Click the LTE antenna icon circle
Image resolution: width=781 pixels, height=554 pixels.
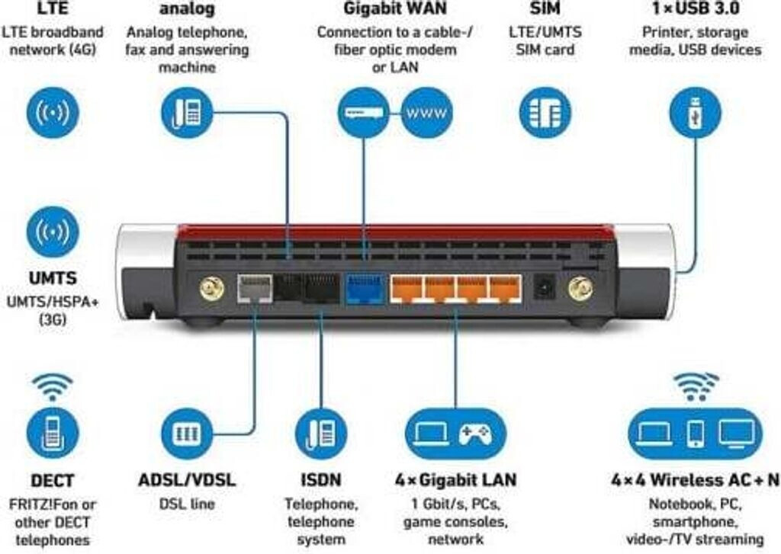53,113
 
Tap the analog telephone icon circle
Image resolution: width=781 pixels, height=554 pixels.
187,113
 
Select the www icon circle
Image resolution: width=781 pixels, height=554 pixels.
426,113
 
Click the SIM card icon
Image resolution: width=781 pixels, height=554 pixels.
545,113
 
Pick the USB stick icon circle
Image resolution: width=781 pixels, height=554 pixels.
695,113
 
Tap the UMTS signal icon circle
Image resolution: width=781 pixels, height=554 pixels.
53,232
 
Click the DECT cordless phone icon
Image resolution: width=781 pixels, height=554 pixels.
53,433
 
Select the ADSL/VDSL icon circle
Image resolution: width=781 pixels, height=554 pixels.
187,433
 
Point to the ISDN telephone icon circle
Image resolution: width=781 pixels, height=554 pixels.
321,433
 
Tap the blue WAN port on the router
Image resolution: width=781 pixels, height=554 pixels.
365,289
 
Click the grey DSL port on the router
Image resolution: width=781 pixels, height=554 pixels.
255,289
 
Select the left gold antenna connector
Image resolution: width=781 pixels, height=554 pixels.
212,290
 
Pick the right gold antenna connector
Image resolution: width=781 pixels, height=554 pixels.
580,290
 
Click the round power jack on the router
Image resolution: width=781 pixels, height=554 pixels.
545,288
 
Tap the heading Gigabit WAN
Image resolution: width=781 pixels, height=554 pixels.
395,8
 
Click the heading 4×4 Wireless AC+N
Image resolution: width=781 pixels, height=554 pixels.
696,480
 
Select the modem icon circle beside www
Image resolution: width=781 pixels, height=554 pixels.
364,113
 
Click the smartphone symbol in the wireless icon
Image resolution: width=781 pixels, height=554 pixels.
696,433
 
